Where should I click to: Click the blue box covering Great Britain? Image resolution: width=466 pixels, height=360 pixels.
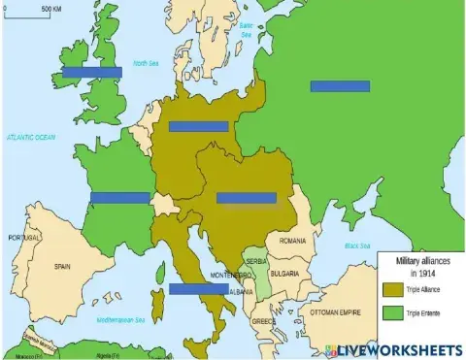click(91, 72)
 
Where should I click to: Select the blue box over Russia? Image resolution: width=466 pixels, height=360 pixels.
click(340, 85)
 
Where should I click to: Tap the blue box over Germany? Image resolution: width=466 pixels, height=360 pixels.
click(198, 126)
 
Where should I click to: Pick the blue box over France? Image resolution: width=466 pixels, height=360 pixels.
click(119, 198)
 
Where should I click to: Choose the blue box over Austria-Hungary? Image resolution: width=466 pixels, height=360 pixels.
click(246, 198)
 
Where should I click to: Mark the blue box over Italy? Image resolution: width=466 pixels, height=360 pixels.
click(198, 288)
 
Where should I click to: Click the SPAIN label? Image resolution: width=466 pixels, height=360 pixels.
click(63, 265)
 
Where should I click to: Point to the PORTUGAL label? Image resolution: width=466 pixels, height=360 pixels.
click(24, 237)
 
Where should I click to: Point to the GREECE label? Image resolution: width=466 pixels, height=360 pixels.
click(263, 320)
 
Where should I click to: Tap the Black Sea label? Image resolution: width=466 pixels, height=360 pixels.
click(357, 245)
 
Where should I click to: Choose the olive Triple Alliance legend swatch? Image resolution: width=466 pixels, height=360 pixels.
click(392, 289)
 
